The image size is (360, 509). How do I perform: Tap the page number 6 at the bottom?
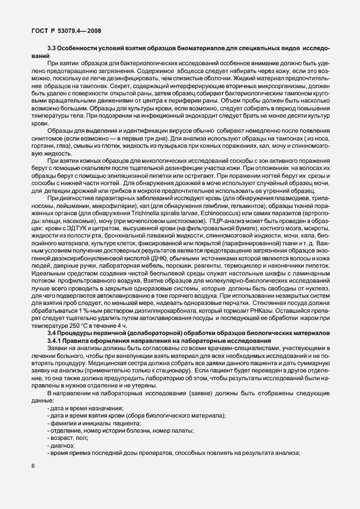click(33, 466)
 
